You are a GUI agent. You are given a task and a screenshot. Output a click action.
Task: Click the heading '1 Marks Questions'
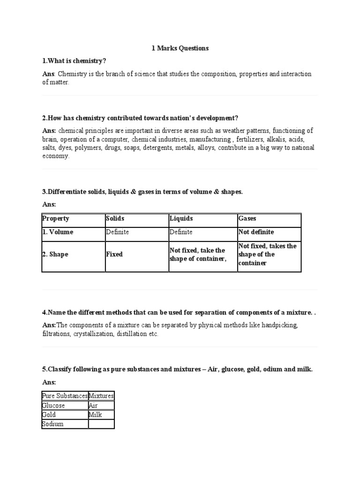point(180,48)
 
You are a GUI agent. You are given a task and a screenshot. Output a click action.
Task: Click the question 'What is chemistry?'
point(74,61)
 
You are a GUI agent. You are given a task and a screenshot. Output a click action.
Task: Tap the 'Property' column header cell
point(56,218)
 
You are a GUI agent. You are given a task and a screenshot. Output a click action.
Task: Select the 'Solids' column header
point(115,218)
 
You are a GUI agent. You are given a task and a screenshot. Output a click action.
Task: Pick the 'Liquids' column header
point(181,218)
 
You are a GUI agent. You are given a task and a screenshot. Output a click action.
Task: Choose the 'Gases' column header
point(247,218)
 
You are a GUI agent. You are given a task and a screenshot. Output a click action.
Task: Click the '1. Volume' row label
point(58,232)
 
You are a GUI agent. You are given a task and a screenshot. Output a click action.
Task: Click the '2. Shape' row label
point(55,255)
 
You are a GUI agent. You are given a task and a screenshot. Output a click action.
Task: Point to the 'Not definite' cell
point(256,232)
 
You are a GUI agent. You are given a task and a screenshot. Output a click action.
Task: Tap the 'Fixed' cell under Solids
point(114,255)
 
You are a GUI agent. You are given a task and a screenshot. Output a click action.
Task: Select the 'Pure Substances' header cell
point(65,396)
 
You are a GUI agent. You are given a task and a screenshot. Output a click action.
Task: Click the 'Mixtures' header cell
point(101,396)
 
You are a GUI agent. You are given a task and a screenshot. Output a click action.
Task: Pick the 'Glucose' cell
point(53,405)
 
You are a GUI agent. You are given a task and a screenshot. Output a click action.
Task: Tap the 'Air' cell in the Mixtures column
point(94,405)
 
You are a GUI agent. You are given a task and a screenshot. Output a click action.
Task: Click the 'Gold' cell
point(49,415)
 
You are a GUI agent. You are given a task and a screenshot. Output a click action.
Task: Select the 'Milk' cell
point(95,415)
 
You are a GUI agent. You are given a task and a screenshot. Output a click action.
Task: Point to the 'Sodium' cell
point(53,424)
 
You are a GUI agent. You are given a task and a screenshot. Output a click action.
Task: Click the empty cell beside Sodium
point(101,424)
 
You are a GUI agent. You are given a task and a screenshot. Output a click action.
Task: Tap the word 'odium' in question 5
point(268,369)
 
